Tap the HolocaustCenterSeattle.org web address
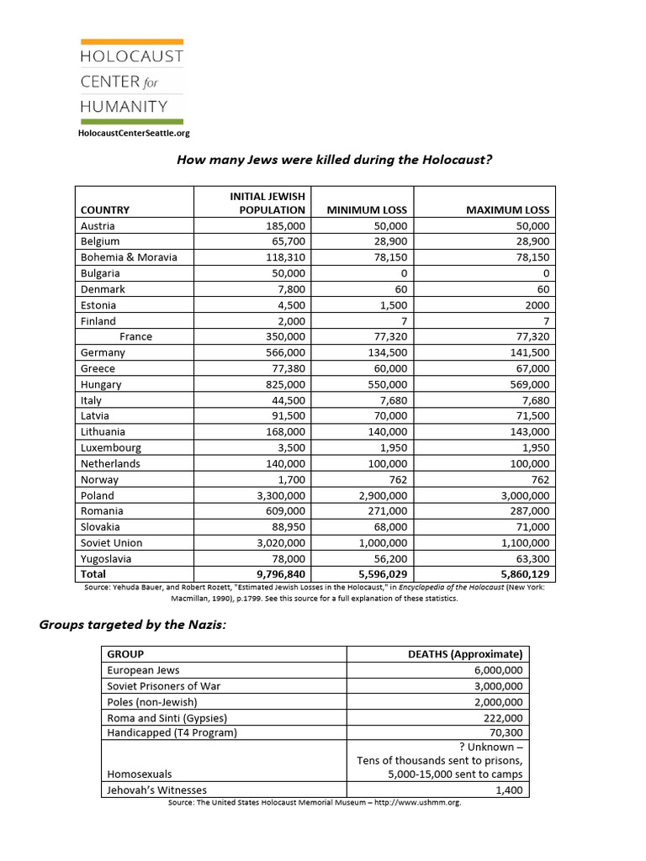[134, 133]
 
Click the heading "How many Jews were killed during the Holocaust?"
[334, 160]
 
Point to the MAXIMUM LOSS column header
[507, 210]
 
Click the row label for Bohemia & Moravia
[129, 257]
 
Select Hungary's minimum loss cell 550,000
[387, 384]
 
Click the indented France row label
[135, 336]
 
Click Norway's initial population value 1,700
[289, 479]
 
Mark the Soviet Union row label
[111, 543]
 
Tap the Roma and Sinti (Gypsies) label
[167, 717]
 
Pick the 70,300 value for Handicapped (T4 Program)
[504, 732]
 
